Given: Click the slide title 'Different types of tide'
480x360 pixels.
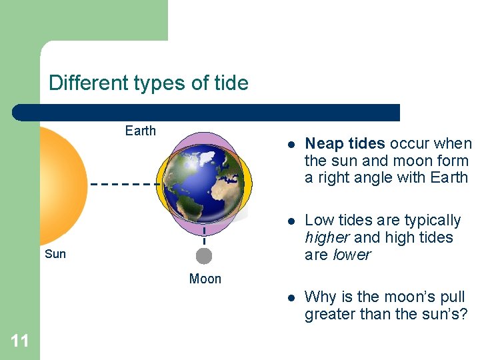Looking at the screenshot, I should (148, 83).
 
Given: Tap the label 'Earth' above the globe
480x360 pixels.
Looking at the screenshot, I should (140, 131).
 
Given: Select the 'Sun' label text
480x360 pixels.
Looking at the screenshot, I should (55, 254).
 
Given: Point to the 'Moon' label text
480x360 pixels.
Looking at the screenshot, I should (205, 279).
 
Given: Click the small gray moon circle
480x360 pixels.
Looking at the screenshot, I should (204, 256).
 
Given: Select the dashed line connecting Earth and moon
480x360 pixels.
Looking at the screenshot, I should (204, 236).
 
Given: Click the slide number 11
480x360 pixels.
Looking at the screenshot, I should (20, 341).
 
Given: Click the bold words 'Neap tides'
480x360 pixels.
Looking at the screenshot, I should (345, 143).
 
